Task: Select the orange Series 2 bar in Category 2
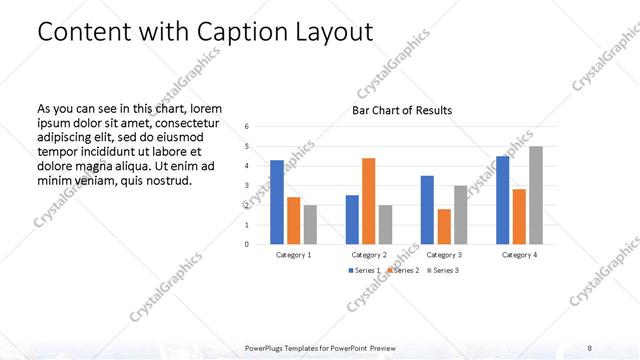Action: click(x=369, y=201)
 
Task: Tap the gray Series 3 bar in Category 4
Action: click(x=536, y=195)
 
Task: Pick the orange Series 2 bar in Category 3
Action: click(x=444, y=227)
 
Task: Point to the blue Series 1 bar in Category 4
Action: click(x=503, y=200)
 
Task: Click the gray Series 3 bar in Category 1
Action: click(x=310, y=225)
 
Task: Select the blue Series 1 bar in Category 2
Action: click(x=352, y=220)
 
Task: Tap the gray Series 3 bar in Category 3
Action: click(x=460, y=215)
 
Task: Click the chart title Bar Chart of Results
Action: click(x=402, y=110)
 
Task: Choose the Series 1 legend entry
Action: click(x=364, y=271)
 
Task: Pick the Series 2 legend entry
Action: click(x=402, y=271)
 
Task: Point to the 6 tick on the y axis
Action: click(x=247, y=127)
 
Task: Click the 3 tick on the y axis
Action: click(x=247, y=186)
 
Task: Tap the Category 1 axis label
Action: click(x=294, y=255)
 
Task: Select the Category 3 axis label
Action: click(x=444, y=255)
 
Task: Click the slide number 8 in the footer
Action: click(x=590, y=347)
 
